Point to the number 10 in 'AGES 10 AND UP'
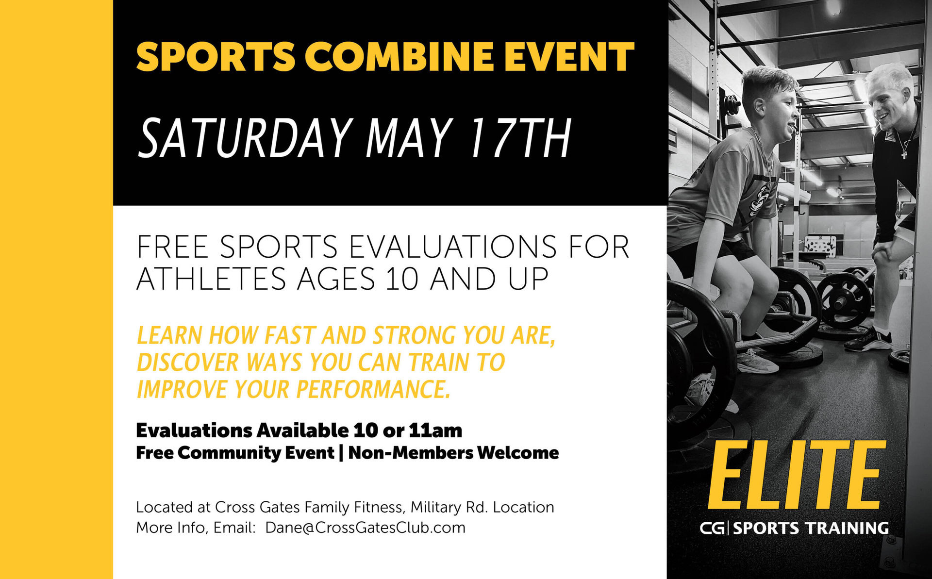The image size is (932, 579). click(x=402, y=279)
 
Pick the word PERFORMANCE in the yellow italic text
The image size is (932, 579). click(x=373, y=389)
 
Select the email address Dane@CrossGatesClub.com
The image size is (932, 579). click(x=365, y=528)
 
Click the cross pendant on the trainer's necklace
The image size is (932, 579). click(x=904, y=154)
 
